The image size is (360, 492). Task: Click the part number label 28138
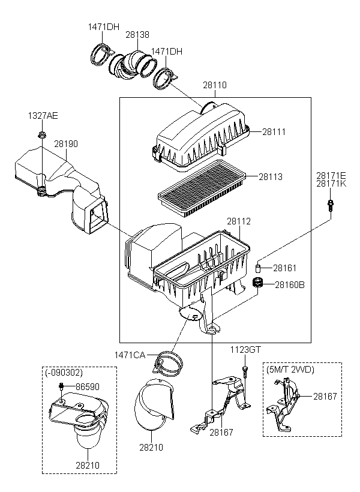(x=137, y=35)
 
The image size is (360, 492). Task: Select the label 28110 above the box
(x=215, y=85)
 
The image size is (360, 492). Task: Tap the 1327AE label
(x=43, y=116)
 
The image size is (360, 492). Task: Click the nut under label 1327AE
(x=41, y=135)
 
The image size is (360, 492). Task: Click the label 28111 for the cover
(x=274, y=132)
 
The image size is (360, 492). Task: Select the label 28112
(x=239, y=221)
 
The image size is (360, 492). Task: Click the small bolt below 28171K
(x=330, y=205)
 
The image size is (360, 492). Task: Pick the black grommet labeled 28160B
(x=257, y=282)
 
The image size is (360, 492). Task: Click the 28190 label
(x=66, y=144)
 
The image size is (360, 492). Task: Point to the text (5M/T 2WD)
(x=290, y=370)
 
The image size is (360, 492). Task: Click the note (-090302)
(x=64, y=373)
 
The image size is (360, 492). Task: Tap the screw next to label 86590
(x=62, y=386)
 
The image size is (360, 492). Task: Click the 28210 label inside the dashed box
(x=88, y=466)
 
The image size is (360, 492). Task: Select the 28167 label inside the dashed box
(x=325, y=397)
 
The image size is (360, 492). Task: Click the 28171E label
(x=331, y=175)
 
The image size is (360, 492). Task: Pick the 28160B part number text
(x=290, y=285)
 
